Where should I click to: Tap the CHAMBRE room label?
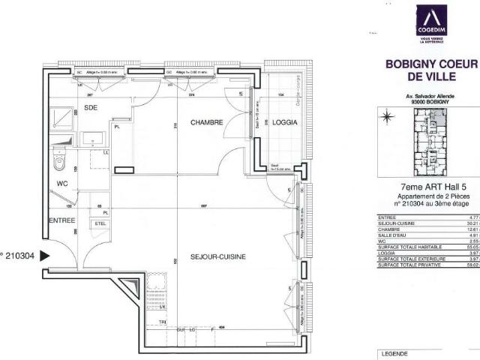coord(206,121)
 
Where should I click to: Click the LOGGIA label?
coord(284,121)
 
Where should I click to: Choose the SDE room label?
coord(91,108)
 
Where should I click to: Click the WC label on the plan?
coord(62,182)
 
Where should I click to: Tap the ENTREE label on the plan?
coord(61,220)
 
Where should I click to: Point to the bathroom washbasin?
coord(93,139)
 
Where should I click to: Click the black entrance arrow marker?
coord(44,256)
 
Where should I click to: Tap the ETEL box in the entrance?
coord(100,223)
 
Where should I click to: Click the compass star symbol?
coord(387,116)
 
